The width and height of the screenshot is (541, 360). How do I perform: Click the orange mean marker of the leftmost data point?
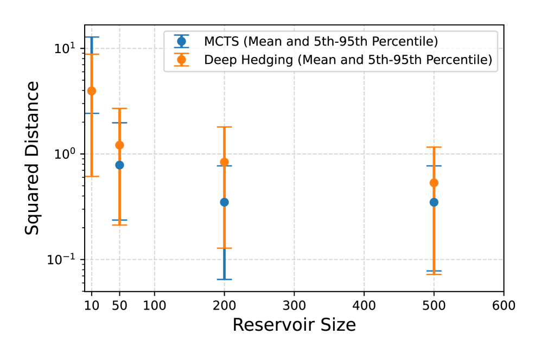pos(92,91)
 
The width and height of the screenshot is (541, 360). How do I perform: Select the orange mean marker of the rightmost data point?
pos(434,183)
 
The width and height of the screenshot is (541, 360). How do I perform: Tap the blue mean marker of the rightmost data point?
pos(434,202)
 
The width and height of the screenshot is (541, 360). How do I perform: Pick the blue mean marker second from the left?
pos(119,165)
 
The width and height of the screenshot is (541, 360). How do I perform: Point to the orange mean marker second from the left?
pos(119,145)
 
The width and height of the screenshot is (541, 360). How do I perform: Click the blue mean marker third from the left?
pos(224,202)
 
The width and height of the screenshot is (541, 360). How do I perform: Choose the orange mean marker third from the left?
pos(224,162)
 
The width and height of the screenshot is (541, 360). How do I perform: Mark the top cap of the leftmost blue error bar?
pos(92,37)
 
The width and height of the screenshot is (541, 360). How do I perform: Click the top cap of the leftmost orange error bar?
pos(92,54)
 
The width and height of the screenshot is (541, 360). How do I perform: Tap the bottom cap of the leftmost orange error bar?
pos(92,176)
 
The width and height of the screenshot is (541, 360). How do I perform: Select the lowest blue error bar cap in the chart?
pos(224,279)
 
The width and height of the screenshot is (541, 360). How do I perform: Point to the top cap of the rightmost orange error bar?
pos(434,147)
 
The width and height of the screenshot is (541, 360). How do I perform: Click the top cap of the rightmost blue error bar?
pos(434,165)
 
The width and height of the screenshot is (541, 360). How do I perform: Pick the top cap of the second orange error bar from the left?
pos(119,108)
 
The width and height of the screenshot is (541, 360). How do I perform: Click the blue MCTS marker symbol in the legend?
pos(181,41)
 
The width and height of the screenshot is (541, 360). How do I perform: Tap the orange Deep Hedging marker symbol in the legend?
pos(181,60)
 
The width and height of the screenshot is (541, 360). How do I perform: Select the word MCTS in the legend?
pos(221,41)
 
